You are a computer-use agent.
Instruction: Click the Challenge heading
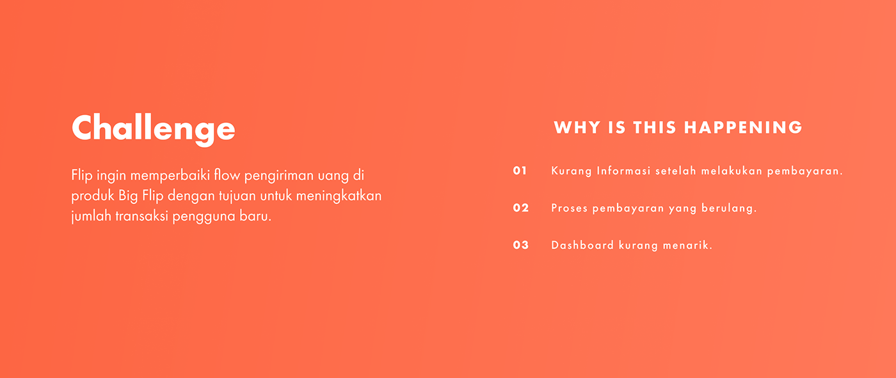click(x=154, y=129)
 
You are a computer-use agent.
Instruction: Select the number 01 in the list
click(x=520, y=171)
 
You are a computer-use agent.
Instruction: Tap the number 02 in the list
click(x=521, y=208)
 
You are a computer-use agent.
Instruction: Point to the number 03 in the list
click(x=521, y=245)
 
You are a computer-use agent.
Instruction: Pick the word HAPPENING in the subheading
click(x=743, y=127)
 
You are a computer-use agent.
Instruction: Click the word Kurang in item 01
click(x=571, y=171)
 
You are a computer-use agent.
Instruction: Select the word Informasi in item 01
click(x=623, y=171)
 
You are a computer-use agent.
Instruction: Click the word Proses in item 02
click(x=569, y=208)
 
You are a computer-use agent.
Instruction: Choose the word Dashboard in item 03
click(x=582, y=245)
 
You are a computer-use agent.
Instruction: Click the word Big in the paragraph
click(x=128, y=196)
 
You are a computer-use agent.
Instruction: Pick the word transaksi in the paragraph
click(x=141, y=217)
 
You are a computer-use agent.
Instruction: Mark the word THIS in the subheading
click(x=654, y=127)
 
